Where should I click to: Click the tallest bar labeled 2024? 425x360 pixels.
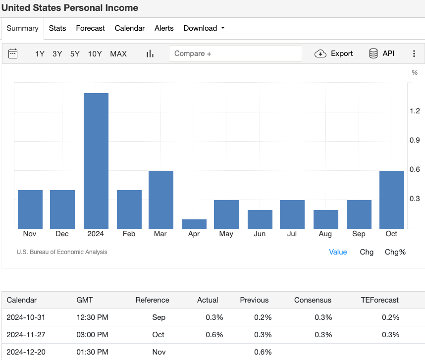pyautogui.click(x=96, y=160)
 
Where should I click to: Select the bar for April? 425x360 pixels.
pyautogui.click(x=194, y=224)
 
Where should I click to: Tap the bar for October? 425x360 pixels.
pyautogui.click(x=391, y=199)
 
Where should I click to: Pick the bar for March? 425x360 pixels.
pyautogui.click(x=161, y=199)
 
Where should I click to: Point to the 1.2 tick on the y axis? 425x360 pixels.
pyautogui.click(x=415, y=111)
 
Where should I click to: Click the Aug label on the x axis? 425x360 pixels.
pyautogui.click(x=325, y=234)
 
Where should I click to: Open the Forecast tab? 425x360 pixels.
pyautogui.click(x=90, y=28)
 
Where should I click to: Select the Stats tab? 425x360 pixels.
pyautogui.click(x=57, y=28)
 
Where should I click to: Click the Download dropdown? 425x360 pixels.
pyautogui.click(x=204, y=28)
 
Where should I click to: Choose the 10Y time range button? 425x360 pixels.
pyautogui.click(x=95, y=53)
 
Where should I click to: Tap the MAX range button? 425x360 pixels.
pyautogui.click(x=118, y=53)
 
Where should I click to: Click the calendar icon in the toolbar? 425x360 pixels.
pyautogui.click(x=13, y=53)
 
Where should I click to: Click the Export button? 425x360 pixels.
pyautogui.click(x=334, y=53)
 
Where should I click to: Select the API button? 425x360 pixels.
pyautogui.click(x=382, y=53)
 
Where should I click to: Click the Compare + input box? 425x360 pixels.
pyautogui.click(x=235, y=53)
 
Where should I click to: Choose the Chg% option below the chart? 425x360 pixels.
pyautogui.click(x=395, y=252)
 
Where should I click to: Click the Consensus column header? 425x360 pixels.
pyautogui.click(x=313, y=300)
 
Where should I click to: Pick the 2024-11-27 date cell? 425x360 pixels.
pyautogui.click(x=26, y=334)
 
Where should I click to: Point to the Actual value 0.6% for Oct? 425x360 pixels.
pyautogui.click(x=214, y=334)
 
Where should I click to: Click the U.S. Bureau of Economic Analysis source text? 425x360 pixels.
pyautogui.click(x=61, y=252)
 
